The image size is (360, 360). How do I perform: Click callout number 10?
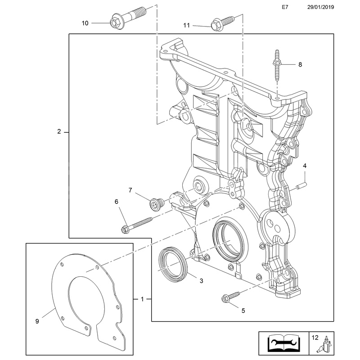coord(85,22)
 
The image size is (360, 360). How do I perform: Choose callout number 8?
coord(300,65)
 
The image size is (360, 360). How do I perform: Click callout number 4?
coord(305,166)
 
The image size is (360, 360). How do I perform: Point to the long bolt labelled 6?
coord(137,225)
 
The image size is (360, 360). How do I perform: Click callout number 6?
coord(116,202)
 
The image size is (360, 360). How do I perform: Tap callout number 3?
coord(201,281)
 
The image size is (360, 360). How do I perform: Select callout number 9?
coord(37,321)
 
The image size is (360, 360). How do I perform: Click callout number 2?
coord(59,132)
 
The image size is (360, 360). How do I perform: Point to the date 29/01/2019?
coord(321,8)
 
